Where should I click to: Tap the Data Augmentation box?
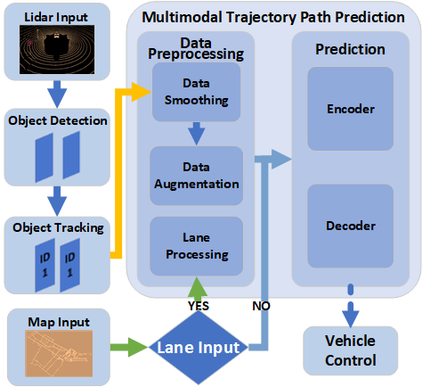pos(196,175)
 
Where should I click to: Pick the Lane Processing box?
pos(196,246)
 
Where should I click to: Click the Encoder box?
pos(349,109)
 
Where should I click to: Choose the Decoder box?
pos(349,226)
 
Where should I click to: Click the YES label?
pos(197,304)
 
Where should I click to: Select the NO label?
pos(262,306)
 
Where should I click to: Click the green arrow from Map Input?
pos(130,347)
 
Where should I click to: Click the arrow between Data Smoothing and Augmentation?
pos(196,135)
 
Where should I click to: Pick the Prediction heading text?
pos(350,49)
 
